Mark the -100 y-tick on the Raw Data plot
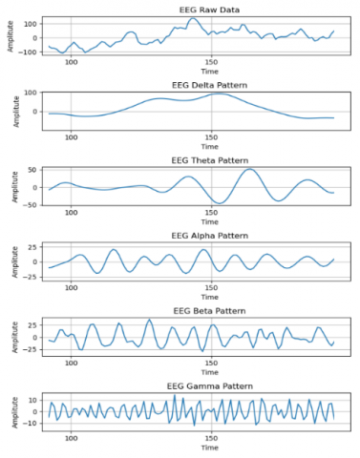tap(30, 51)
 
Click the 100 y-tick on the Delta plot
tap(32, 94)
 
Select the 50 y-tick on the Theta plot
tap(33, 170)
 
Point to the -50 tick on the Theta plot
tap(32, 202)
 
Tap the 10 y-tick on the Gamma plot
tap(33, 400)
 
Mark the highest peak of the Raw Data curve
tap(193, 18)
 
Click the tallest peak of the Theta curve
tap(250, 170)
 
